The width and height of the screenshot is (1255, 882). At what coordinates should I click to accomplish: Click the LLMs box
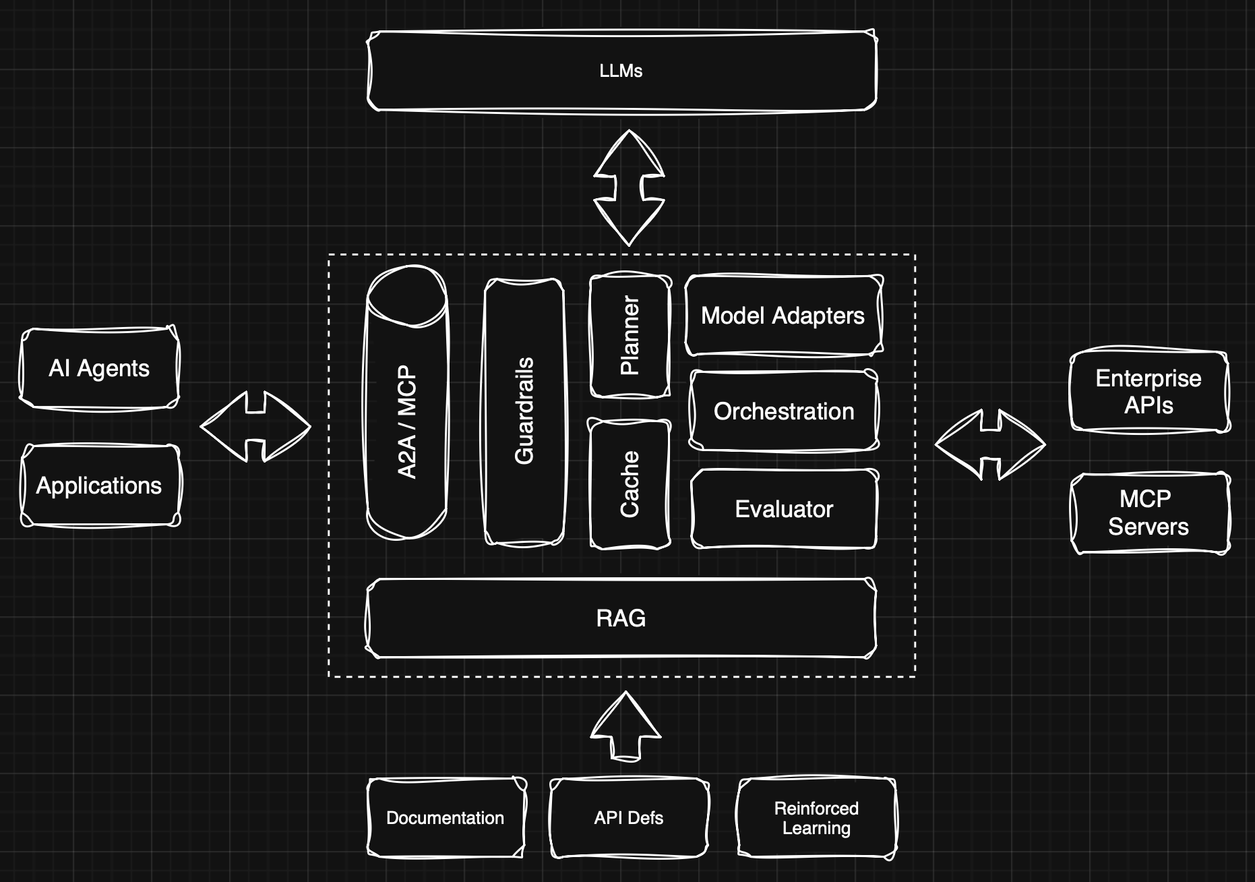[x=621, y=71]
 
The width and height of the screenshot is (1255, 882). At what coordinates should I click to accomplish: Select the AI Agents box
[x=99, y=368]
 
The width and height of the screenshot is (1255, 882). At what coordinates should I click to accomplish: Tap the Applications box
[x=100, y=486]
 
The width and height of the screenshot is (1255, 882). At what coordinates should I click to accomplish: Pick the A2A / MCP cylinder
[x=406, y=405]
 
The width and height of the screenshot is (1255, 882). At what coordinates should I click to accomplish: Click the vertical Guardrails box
[x=524, y=411]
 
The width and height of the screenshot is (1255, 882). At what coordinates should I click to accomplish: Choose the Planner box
[x=630, y=335]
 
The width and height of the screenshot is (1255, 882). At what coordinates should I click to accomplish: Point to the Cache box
[x=630, y=484]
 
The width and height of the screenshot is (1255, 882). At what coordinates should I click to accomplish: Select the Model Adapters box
[x=783, y=316]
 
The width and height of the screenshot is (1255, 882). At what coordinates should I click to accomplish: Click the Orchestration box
[x=784, y=411]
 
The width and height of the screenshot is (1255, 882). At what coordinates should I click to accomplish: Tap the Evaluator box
[x=784, y=508]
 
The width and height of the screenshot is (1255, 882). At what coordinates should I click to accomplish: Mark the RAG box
[x=621, y=618]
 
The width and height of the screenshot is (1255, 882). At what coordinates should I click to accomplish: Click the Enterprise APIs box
[x=1149, y=391]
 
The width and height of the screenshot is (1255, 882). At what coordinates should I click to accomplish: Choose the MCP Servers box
[x=1149, y=512]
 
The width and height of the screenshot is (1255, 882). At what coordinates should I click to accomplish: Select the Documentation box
[x=446, y=817]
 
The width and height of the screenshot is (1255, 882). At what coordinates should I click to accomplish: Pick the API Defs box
[x=629, y=817]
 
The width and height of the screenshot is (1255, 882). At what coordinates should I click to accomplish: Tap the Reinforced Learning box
[x=816, y=817]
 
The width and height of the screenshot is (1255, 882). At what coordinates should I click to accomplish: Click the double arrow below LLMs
[x=629, y=187]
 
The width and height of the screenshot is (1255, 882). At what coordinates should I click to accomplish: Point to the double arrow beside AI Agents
[x=255, y=426]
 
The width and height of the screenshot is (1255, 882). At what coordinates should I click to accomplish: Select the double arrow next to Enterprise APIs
[x=990, y=444]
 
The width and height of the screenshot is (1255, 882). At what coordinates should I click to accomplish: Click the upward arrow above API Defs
[x=625, y=727]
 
